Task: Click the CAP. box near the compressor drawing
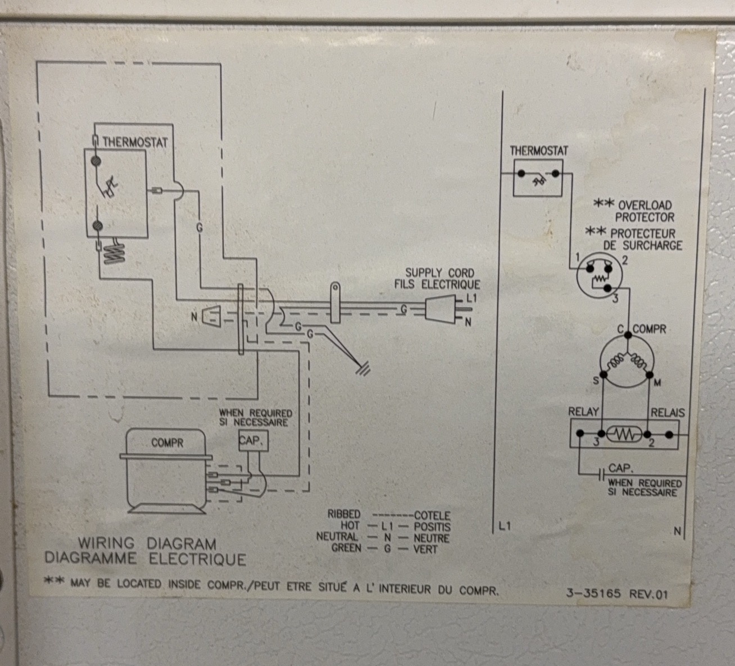tap(251, 441)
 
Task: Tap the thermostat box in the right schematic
tap(537, 177)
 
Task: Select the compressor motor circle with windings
tap(625, 364)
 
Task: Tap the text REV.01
tap(648, 594)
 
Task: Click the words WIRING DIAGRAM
tap(147, 544)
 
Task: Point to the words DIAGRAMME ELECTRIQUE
tap(145, 559)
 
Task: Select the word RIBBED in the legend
tap(343, 514)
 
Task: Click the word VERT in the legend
tap(425, 549)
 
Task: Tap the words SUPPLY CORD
tap(440, 273)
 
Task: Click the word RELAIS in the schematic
tap(668, 412)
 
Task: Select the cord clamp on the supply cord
tap(335, 303)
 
